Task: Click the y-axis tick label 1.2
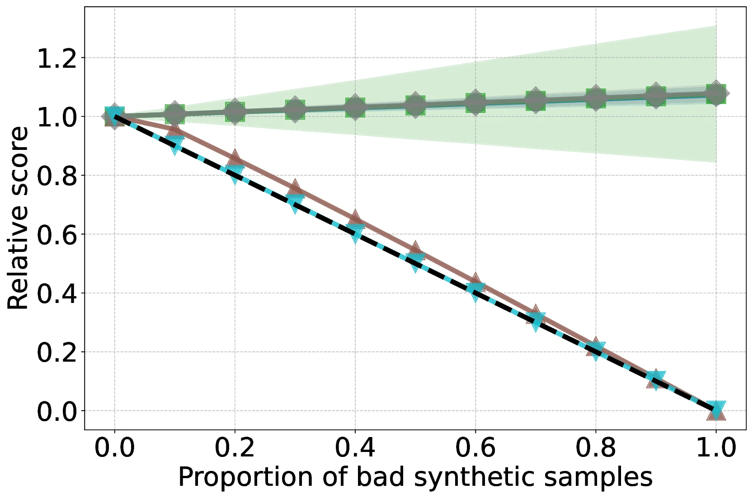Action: (56, 59)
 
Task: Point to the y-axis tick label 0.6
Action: (56, 235)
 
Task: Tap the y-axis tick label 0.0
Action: (56, 411)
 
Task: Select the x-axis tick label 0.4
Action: (355, 447)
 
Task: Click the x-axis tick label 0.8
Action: (595, 447)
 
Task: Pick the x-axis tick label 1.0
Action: (716, 447)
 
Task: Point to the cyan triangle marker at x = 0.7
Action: (536, 321)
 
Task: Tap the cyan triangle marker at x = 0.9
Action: (656, 380)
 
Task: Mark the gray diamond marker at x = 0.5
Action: (415, 106)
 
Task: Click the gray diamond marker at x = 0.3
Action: (295, 109)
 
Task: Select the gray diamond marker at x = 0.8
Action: (596, 98)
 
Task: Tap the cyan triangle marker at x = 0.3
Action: (295, 203)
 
